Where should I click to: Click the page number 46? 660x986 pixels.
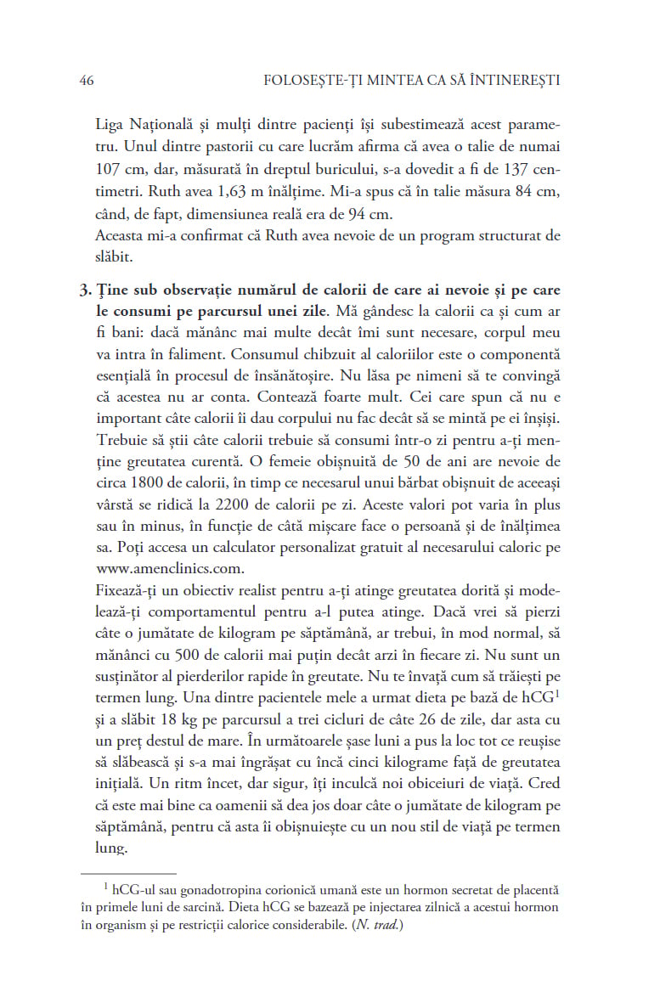(x=86, y=81)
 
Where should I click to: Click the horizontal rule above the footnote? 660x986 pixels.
(x=128, y=872)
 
